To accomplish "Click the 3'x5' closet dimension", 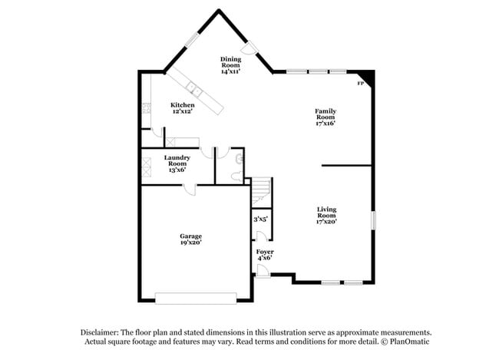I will pyautogui.click(x=260, y=219).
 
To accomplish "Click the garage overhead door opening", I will pyautogui.click(x=196, y=297).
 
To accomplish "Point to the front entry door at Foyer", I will pyautogui.click(x=261, y=270).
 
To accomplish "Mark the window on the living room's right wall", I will pyautogui.click(x=373, y=219).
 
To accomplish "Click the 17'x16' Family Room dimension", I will pyautogui.click(x=325, y=123).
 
